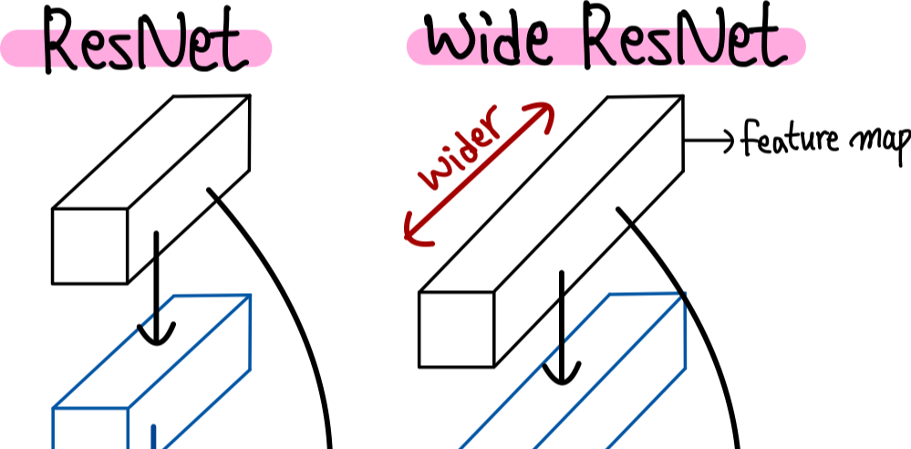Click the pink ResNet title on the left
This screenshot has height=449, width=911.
[x=137, y=48]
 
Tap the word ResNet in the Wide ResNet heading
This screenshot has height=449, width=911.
[x=688, y=47]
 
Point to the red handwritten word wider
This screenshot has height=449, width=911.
[x=460, y=149]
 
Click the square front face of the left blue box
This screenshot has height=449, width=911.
[x=90, y=429]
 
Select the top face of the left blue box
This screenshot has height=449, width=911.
[x=151, y=351]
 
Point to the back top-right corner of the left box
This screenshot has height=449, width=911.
[x=251, y=295]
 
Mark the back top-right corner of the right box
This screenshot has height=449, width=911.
[x=684, y=294]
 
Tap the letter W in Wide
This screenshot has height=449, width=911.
[x=448, y=44]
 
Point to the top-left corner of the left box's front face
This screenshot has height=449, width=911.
[x=53, y=409]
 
